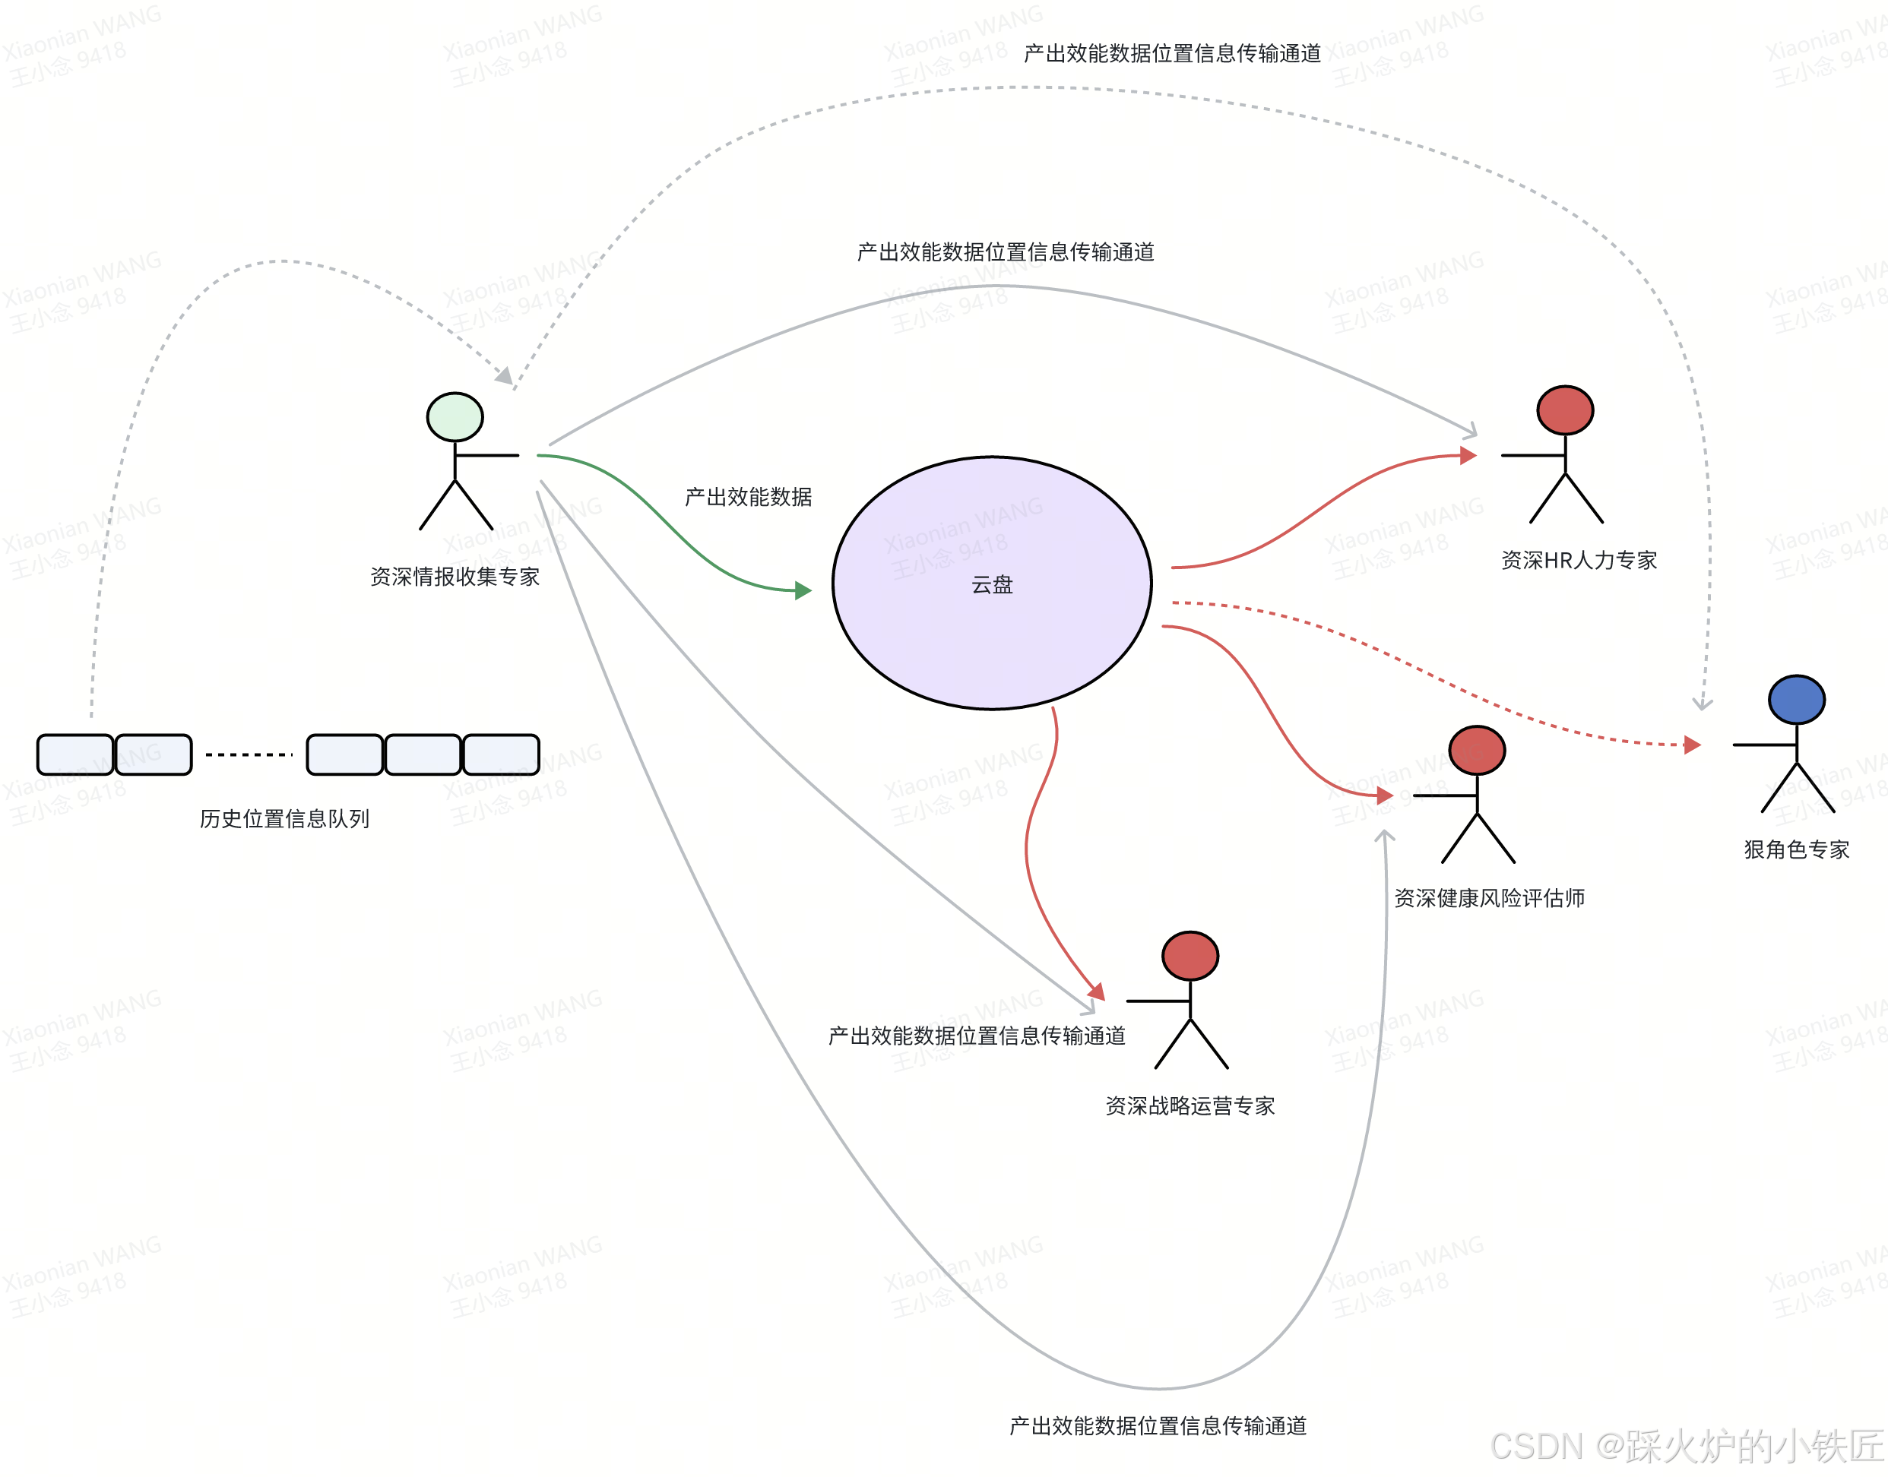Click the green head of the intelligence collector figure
coord(455,417)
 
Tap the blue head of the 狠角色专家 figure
coord(1796,700)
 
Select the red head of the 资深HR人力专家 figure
coord(1564,410)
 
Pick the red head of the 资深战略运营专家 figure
coord(1190,956)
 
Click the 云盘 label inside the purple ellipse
coord(992,584)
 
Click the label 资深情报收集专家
coord(455,577)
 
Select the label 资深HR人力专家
coord(1579,561)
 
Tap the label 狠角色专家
coord(1796,849)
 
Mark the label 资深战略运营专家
coord(1190,1106)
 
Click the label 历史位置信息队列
coord(284,818)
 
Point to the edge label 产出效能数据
coord(748,497)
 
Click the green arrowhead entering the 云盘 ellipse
coord(804,590)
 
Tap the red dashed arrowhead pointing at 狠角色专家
coord(1693,745)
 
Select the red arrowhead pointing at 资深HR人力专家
coord(1468,456)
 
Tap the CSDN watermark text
coord(1687,1446)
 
